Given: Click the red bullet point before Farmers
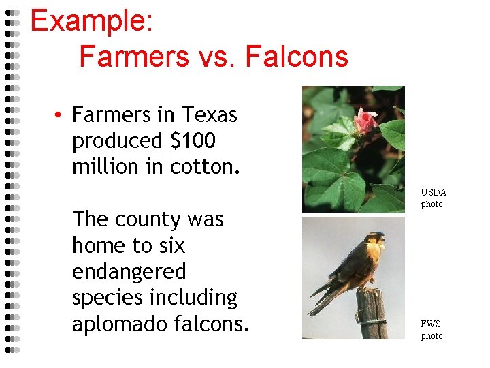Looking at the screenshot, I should [x=60, y=115].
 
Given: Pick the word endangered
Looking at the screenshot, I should [x=129, y=271].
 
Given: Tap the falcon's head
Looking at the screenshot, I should [x=374, y=240].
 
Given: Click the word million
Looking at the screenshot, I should [x=106, y=166].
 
